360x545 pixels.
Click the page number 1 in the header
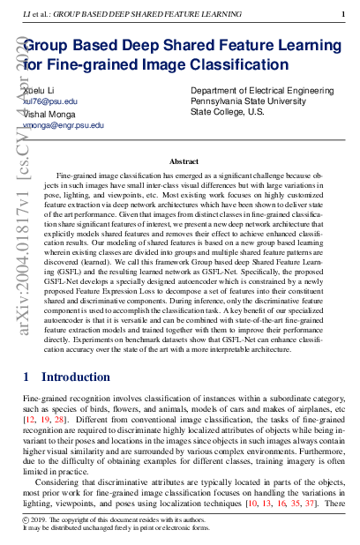[x=343, y=15]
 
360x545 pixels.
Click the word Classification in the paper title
[x=238, y=65]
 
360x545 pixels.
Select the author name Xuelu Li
[x=39, y=91]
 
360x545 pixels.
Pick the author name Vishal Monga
[x=49, y=114]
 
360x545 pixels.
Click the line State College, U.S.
[x=228, y=113]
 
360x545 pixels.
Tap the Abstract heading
[x=184, y=161]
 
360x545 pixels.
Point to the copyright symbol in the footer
[x=26, y=519]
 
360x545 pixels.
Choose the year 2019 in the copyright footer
[x=41, y=519]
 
